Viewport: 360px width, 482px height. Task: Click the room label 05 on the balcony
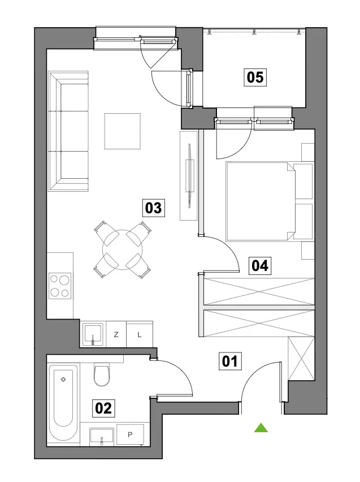click(255, 77)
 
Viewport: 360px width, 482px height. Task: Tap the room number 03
click(153, 208)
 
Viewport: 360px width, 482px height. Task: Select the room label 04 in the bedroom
click(260, 265)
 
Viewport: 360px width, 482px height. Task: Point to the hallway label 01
click(230, 361)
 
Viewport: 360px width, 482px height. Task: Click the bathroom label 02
click(103, 408)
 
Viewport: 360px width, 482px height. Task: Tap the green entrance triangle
click(261, 428)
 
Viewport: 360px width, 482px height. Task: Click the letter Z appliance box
click(116, 334)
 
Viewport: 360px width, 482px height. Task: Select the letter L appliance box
click(140, 334)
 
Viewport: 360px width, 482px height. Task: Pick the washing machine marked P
click(130, 434)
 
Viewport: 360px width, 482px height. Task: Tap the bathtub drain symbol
click(64, 380)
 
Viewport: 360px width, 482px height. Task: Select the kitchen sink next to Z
click(93, 334)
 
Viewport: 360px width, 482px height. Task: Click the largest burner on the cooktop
click(64, 280)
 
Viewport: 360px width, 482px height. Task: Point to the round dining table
click(123, 250)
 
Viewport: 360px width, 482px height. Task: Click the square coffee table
click(122, 131)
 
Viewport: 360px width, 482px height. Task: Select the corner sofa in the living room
click(68, 132)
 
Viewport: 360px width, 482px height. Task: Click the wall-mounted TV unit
click(189, 176)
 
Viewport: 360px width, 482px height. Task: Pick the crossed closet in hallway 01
click(301, 359)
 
